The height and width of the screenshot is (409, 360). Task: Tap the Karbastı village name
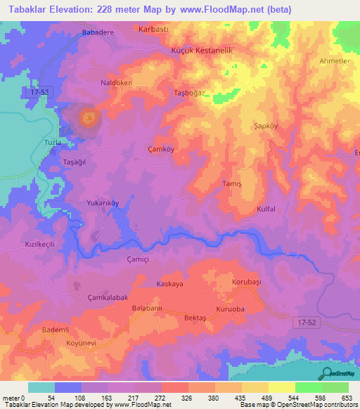coord(155,31)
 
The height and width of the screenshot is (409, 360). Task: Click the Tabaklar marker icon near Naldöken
coord(89,118)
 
